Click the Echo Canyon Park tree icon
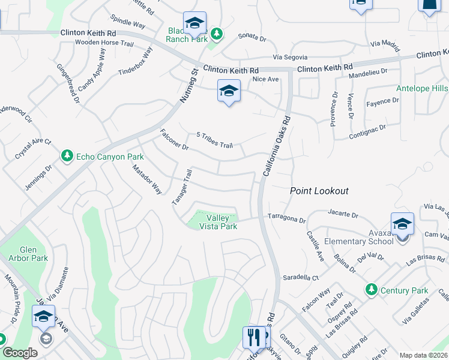67,157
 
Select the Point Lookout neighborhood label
319,191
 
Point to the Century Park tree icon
372,290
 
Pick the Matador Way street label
147,179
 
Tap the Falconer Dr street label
174,140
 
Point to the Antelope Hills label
421,89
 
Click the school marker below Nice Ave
229,91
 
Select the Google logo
19,353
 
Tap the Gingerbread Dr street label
68,84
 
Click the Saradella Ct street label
301,278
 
